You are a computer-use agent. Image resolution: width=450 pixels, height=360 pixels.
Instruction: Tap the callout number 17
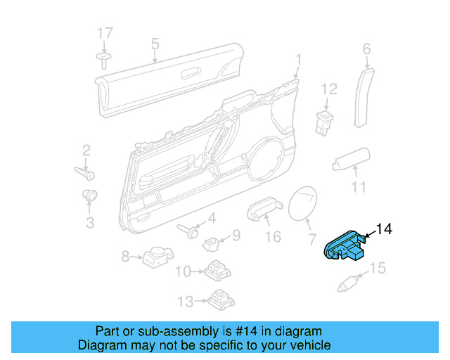105,34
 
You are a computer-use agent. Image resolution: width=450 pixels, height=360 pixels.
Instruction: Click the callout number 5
155,46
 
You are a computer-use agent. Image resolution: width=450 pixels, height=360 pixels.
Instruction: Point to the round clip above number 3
90,194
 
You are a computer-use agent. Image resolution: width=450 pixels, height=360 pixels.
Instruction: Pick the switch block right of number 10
217,271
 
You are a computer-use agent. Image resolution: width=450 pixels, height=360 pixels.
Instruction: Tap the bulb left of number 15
349,284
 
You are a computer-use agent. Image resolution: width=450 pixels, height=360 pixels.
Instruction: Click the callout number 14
385,229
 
